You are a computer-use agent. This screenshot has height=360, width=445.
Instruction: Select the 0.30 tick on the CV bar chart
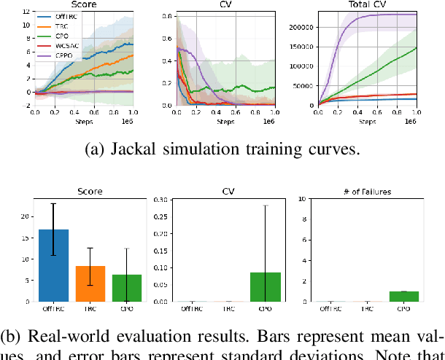tap(165, 199)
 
